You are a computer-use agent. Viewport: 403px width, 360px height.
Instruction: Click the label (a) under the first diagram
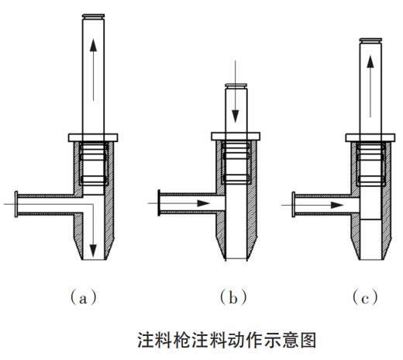(x=84, y=298)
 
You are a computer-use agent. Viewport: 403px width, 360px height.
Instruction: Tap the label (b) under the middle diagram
(x=233, y=298)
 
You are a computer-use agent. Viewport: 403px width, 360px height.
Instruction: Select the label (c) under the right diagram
(x=365, y=298)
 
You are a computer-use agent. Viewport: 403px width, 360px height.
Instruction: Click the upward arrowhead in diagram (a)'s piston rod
(x=93, y=45)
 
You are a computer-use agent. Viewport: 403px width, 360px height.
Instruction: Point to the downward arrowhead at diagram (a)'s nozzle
(x=93, y=250)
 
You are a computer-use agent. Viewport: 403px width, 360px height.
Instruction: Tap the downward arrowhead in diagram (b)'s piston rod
(x=235, y=116)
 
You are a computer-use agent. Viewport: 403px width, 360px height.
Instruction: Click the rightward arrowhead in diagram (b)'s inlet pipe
(x=204, y=203)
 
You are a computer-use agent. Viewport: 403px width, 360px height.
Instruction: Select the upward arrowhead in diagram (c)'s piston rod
(x=370, y=62)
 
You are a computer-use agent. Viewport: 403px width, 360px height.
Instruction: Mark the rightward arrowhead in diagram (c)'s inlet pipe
(x=337, y=206)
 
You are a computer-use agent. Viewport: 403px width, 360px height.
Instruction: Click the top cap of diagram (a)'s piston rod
(x=93, y=16)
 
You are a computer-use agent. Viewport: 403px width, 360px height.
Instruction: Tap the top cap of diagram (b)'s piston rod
(x=236, y=85)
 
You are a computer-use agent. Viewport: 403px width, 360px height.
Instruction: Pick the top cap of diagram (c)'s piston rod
(x=370, y=40)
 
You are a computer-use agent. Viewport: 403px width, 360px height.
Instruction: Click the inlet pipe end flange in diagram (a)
(x=16, y=204)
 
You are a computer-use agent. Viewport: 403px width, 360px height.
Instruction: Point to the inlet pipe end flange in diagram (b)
(x=159, y=202)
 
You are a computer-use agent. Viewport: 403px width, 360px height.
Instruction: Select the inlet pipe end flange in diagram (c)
(x=294, y=204)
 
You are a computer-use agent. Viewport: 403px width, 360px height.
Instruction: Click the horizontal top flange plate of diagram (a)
(x=93, y=137)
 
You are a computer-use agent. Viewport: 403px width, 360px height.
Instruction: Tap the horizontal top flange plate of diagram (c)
(x=370, y=137)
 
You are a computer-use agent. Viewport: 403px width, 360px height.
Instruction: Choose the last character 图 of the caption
(x=308, y=340)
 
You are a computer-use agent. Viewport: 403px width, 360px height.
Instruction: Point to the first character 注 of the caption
(x=146, y=340)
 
